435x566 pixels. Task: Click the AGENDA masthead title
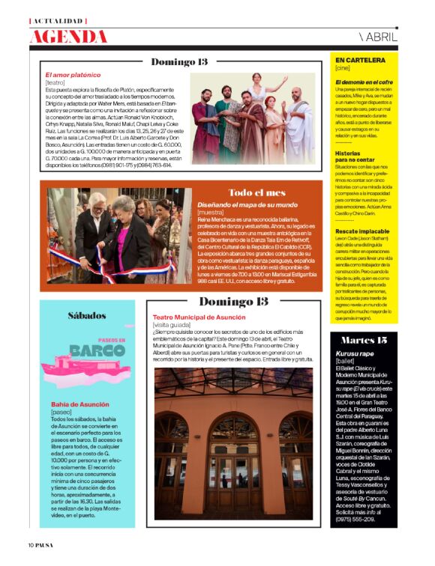pos(69,36)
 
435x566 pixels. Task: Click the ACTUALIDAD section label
pos(59,20)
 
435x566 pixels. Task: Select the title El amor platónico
pos(72,75)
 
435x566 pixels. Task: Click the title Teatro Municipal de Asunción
pos(200,317)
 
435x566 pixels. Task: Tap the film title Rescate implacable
pos(361,232)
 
